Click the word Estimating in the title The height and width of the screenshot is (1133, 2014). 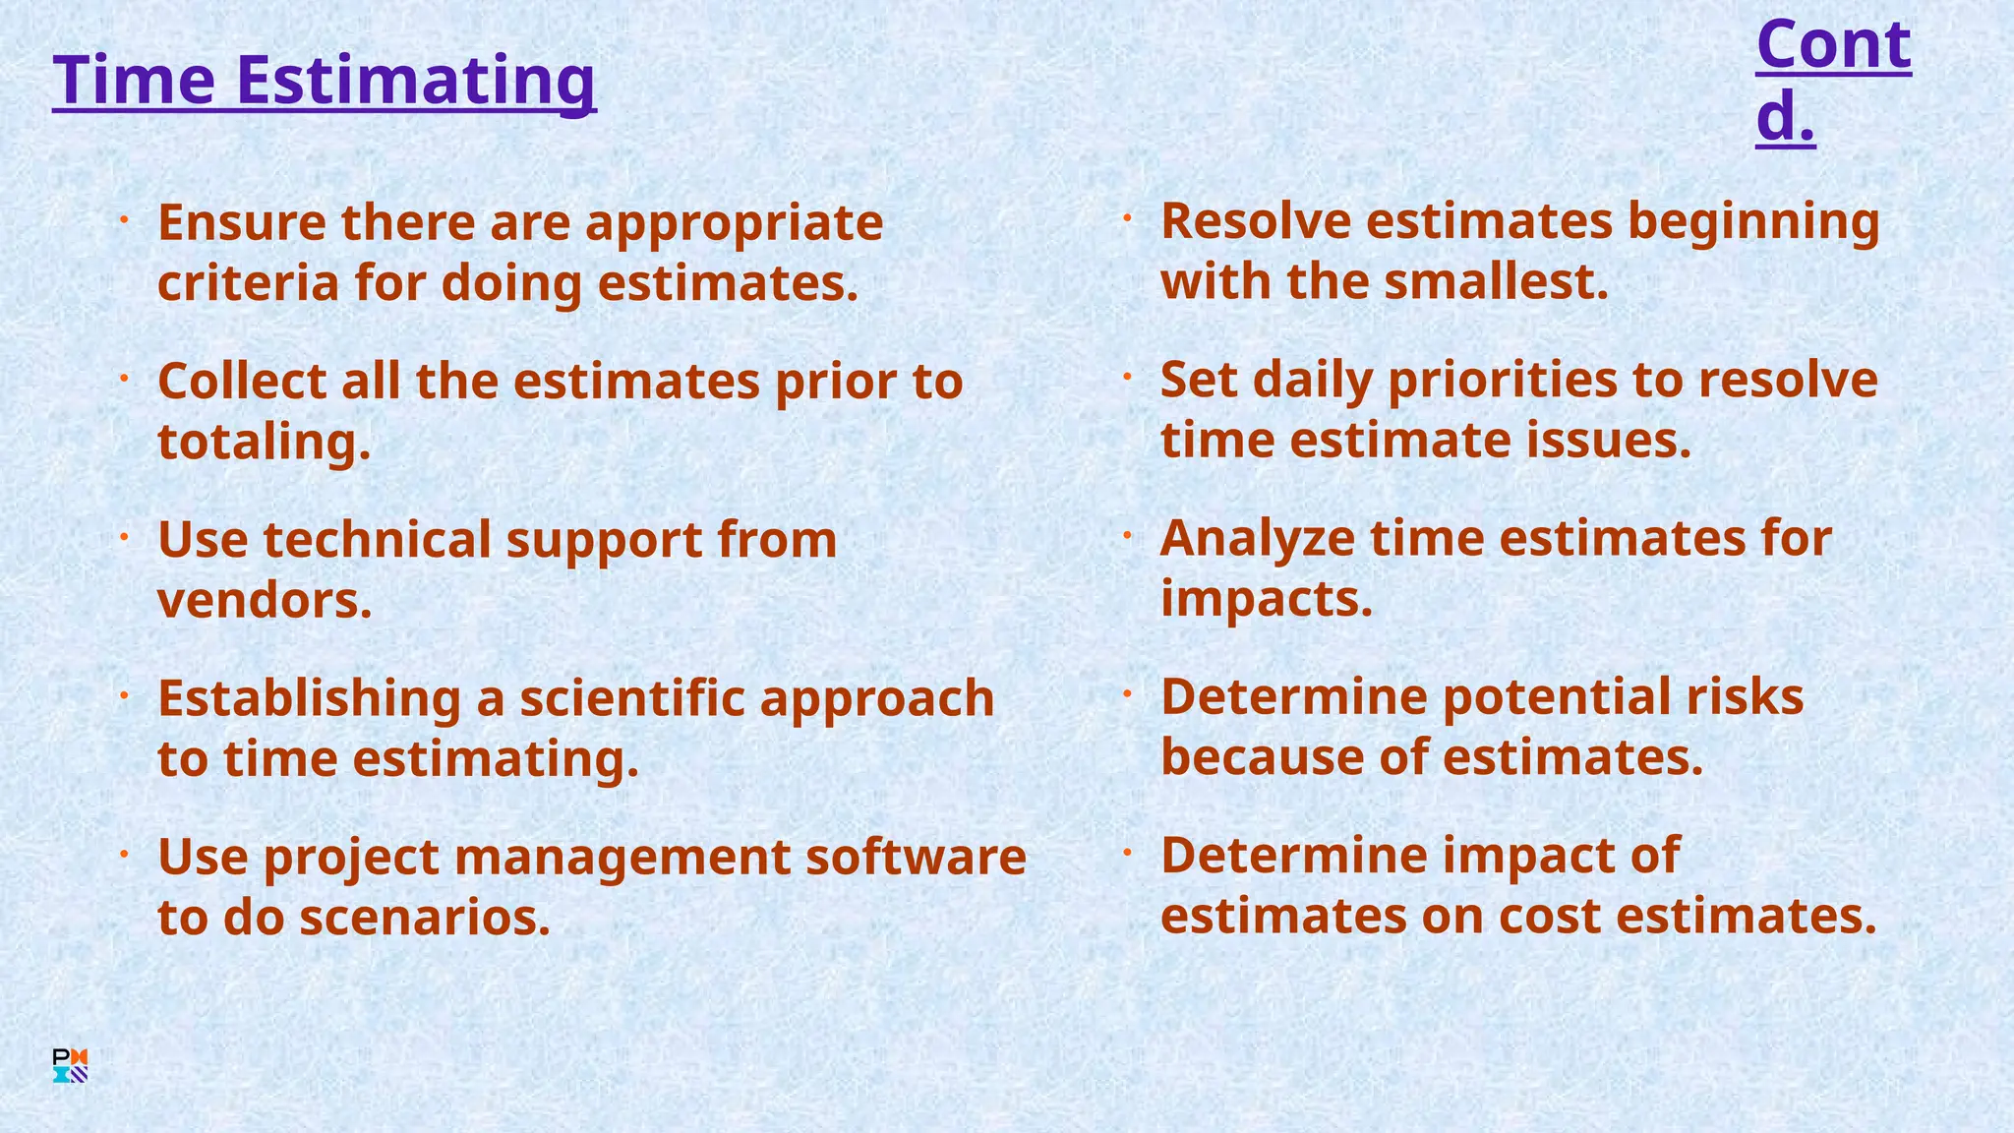[415, 81]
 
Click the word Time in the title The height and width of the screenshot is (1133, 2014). [133, 81]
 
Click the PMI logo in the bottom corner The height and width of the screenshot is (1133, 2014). [70, 1066]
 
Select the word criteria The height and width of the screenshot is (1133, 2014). [247, 283]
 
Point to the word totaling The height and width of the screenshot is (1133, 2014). [264, 443]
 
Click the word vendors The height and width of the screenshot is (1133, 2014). [265, 601]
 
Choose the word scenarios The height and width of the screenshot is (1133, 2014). [424, 919]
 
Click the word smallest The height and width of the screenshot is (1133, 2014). [1496, 282]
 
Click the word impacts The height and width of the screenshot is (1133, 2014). [1266, 599]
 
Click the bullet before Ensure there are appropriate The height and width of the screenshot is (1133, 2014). [125, 220]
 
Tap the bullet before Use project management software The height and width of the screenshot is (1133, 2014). [125, 855]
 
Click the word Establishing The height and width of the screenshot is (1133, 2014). [309, 699]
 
